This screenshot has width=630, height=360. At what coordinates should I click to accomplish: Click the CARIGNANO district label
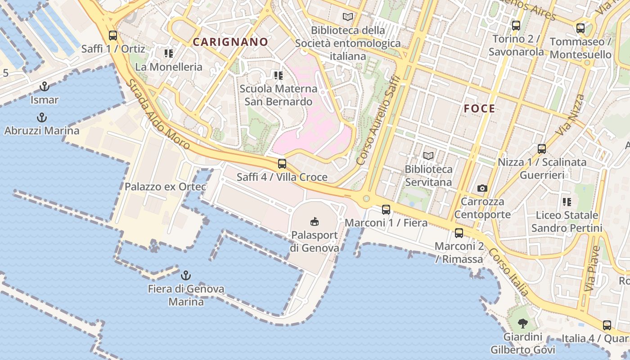(x=230, y=42)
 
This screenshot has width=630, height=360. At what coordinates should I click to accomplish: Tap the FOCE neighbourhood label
(x=479, y=108)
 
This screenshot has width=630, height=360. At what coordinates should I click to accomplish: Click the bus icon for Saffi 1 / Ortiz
(x=113, y=36)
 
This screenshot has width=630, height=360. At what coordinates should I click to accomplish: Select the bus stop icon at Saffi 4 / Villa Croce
(x=282, y=164)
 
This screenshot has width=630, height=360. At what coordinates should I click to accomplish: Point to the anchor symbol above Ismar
(x=45, y=86)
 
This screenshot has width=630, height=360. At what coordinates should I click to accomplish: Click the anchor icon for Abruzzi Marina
(x=41, y=118)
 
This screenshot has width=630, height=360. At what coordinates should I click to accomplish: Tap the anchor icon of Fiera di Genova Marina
(x=185, y=275)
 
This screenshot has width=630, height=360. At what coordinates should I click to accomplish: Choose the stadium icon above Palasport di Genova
(x=315, y=221)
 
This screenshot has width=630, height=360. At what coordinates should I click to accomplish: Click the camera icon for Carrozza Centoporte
(x=482, y=188)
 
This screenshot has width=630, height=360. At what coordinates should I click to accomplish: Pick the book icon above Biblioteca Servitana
(x=428, y=156)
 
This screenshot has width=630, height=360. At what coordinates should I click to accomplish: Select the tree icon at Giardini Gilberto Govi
(x=522, y=323)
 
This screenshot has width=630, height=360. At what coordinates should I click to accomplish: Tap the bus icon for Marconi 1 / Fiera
(x=386, y=209)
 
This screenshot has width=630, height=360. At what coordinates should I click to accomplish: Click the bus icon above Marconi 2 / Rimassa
(x=459, y=233)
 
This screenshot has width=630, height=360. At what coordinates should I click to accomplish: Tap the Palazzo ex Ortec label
(x=166, y=186)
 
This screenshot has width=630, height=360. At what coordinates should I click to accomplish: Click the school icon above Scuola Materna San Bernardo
(x=278, y=75)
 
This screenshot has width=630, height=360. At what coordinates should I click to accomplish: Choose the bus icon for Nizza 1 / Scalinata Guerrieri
(x=542, y=148)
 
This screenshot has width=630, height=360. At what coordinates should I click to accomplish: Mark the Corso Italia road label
(x=509, y=272)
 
